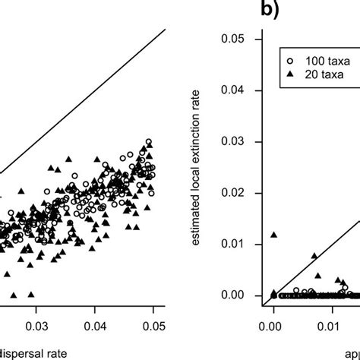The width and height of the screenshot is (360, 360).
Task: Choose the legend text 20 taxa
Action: [318, 72]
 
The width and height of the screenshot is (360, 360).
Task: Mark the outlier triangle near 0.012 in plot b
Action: [273, 235]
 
